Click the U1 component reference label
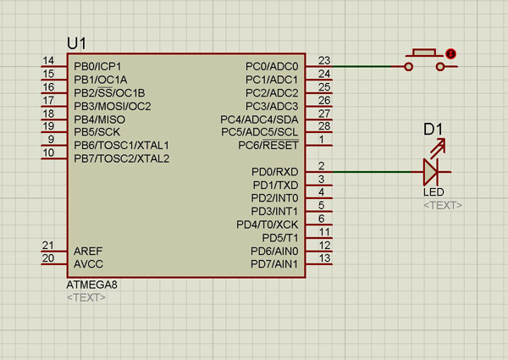[x=76, y=43]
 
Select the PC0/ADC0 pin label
[x=272, y=66]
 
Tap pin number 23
[x=323, y=60]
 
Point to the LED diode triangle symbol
[x=431, y=172]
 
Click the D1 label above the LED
[x=433, y=130]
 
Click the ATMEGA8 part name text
[x=91, y=285]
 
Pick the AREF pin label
[x=88, y=252]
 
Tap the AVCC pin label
[x=88, y=264]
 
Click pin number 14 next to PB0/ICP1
[x=48, y=60]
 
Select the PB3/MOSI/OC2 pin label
[x=113, y=106]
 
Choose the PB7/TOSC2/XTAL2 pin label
[x=122, y=158]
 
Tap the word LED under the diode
[x=433, y=192]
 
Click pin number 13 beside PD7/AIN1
[x=323, y=258]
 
